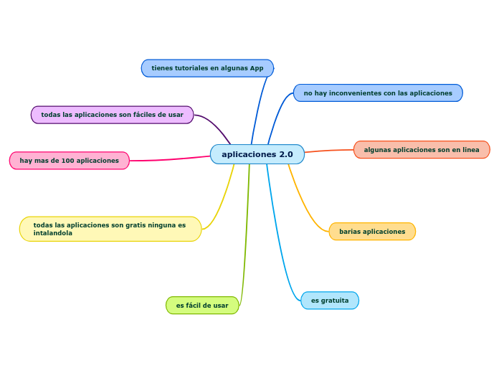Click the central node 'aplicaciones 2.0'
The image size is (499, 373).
tap(257, 154)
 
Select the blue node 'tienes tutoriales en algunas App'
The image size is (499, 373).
tap(207, 68)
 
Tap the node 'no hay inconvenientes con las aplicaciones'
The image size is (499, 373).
tap(378, 93)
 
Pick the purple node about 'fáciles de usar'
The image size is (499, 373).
tap(112, 115)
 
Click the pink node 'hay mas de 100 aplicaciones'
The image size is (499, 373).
tap(69, 161)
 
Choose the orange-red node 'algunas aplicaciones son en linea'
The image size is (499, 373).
tap(422, 150)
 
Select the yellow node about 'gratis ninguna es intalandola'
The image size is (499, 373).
tap(110, 229)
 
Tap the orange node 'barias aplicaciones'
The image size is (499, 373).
tap(372, 232)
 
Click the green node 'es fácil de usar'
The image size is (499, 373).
tap(202, 306)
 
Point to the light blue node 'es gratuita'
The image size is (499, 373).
tap(330, 301)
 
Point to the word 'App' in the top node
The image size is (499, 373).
tap(257, 68)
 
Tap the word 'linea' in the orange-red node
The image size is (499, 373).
tap(470, 150)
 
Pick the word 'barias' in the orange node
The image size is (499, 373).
tap(350, 232)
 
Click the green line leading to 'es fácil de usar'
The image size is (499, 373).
tap(246, 237)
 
